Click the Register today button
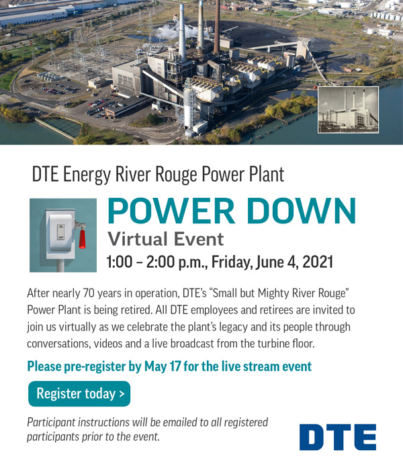click(79, 394)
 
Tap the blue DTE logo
click(338, 437)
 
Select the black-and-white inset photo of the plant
click(348, 110)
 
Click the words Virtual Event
click(166, 240)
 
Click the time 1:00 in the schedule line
click(120, 262)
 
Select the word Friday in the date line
click(231, 262)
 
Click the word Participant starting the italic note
click(51, 423)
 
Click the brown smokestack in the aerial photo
click(216, 26)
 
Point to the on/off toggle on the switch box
click(61, 231)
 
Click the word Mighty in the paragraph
click(273, 293)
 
